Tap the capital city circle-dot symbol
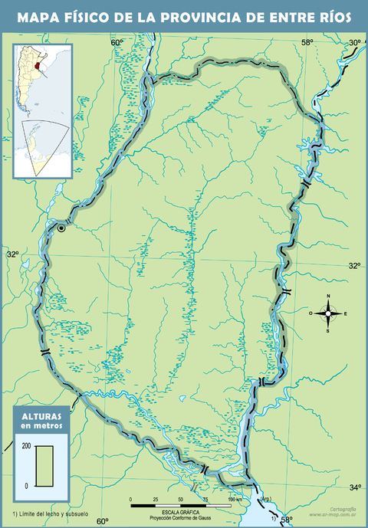(x=62, y=228)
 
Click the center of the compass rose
(x=328, y=313)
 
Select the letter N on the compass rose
(x=328, y=297)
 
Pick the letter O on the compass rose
(x=311, y=313)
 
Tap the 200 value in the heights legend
(x=26, y=445)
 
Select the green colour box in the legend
(x=43, y=465)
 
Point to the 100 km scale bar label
(x=233, y=499)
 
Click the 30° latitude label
(x=355, y=43)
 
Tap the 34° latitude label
(x=355, y=487)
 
